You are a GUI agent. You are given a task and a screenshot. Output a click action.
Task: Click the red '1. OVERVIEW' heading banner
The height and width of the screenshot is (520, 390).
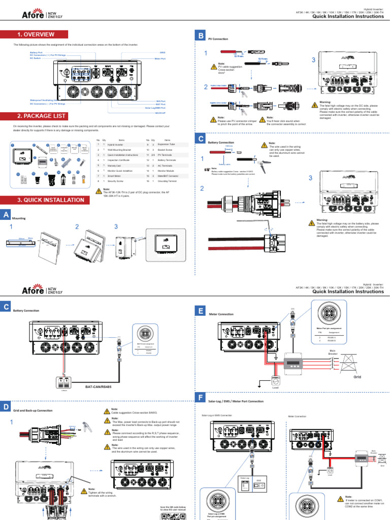tap(35, 35)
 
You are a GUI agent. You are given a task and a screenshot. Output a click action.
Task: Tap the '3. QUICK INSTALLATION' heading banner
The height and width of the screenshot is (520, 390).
tap(43, 200)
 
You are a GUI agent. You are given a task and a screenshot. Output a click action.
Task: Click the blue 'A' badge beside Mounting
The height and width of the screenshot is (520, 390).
tap(6, 215)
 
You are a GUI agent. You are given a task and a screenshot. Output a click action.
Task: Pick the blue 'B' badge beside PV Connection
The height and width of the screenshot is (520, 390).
tap(201, 36)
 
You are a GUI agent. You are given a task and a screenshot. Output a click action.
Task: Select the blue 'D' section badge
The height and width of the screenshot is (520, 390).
tap(6, 406)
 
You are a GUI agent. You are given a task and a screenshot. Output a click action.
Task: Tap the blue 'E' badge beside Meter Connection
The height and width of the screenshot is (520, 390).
tap(201, 311)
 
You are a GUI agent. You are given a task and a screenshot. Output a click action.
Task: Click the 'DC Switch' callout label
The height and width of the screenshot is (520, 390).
tap(36, 59)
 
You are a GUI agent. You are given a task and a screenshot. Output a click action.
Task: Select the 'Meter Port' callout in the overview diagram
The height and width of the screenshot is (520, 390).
tap(160, 59)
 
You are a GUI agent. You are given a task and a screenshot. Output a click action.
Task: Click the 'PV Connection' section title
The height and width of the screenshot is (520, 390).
tap(218, 39)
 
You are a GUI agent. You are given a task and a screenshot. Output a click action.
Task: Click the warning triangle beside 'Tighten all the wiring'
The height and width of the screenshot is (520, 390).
tap(84, 491)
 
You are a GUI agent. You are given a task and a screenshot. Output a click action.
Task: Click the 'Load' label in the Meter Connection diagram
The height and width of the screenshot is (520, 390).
tap(275, 388)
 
